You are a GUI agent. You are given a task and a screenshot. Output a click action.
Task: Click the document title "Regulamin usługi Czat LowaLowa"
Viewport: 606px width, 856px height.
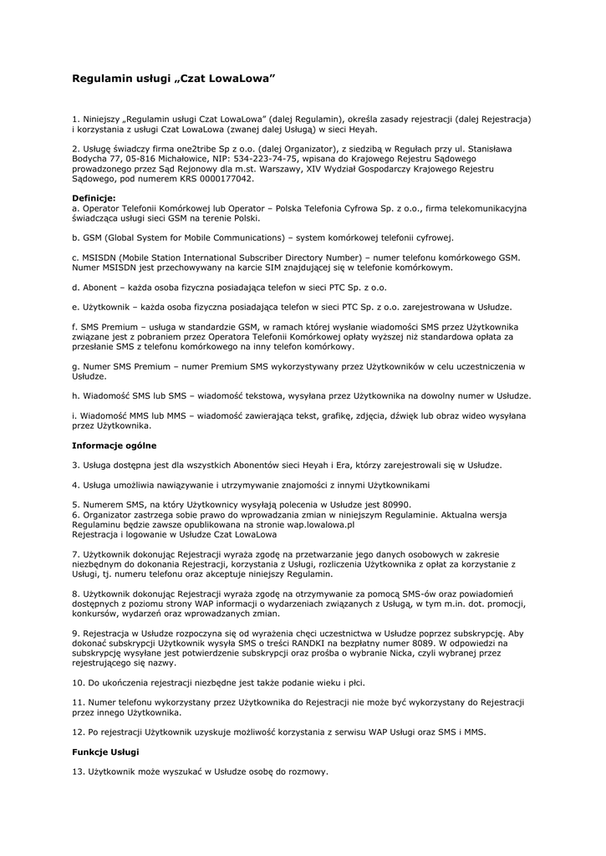click(173, 78)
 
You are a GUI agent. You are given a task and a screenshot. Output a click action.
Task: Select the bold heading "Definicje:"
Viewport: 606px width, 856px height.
click(94, 198)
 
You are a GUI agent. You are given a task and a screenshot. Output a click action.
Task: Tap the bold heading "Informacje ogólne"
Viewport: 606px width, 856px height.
click(114, 446)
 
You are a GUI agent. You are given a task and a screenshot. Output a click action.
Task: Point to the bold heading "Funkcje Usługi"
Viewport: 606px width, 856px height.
click(105, 752)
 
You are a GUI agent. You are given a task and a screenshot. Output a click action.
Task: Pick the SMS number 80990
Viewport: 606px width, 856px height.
click(392, 504)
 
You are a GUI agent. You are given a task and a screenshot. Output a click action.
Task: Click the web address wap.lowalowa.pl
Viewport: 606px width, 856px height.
click(313, 524)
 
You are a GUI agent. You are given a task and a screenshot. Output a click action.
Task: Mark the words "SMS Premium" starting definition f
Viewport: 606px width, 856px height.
click(108, 327)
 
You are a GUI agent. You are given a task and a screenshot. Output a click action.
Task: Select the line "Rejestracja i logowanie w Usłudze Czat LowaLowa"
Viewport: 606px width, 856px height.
click(174, 534)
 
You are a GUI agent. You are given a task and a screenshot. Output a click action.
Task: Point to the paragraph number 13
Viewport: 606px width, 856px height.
click(78, 772)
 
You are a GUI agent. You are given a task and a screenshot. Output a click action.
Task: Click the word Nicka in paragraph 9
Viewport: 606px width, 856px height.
click(438, 654)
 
